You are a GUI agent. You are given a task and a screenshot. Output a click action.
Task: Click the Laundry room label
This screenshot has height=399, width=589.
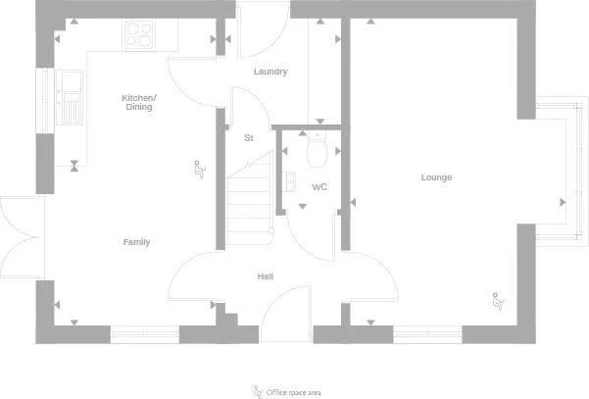coord(270,72)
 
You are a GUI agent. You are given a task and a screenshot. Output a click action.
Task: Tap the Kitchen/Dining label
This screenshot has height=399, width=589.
coord(139,102)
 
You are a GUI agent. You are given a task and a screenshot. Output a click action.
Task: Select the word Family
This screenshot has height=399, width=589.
coord(137,242)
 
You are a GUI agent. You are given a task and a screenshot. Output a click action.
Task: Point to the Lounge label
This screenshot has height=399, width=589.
coord(436,177)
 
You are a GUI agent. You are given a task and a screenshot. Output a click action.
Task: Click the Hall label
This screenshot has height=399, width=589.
coord(266,276)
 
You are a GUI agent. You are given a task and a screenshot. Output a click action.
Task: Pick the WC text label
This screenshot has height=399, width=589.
coord(319,186)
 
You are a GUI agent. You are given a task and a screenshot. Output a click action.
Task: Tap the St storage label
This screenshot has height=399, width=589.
coord(249,138)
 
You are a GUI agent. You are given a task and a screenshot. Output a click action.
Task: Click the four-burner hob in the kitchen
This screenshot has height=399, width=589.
coord(139,35)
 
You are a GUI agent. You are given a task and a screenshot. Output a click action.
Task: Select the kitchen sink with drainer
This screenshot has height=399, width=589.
coord(70,97)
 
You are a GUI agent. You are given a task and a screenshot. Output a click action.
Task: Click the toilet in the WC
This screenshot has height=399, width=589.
coord(317,149)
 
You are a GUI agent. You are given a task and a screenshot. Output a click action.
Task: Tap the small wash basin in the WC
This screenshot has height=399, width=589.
coord(288,181)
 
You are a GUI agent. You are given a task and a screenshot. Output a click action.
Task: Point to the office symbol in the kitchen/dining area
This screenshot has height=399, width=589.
coord(200,169)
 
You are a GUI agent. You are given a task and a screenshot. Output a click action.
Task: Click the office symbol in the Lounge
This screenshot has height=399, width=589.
coord(498,301)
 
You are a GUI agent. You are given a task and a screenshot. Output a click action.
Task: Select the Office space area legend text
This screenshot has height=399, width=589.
coord(294,392)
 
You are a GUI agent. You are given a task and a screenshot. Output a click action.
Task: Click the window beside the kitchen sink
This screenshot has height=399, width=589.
coord(45,100)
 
